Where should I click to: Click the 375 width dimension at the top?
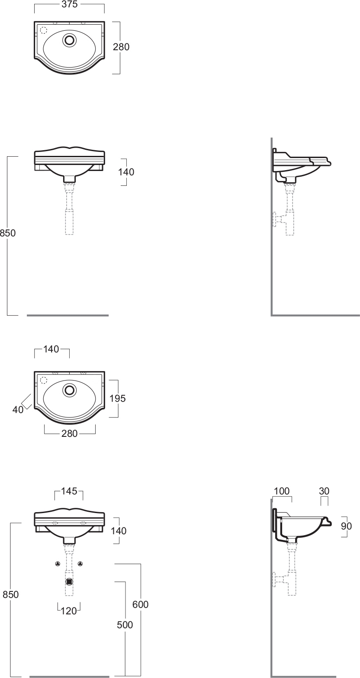tap(70, 4)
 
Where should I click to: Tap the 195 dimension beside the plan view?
tap(117, 398)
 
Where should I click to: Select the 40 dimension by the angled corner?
tap(18, 410)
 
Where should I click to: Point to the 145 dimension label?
tap(69, 491)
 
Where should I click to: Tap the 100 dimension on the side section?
tap(282, 491)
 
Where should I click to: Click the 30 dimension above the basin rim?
tap(324, 491)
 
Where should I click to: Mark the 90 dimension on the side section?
tap(347, 526)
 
